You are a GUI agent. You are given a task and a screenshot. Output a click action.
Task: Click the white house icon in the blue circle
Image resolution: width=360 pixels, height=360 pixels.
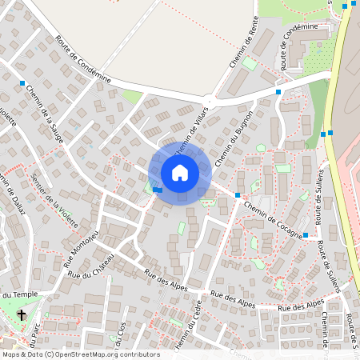pyautogui.click(x=179, y=172)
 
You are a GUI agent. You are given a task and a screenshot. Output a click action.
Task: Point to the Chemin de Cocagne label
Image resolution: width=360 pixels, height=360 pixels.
pyautogui.click(x=270, y=215)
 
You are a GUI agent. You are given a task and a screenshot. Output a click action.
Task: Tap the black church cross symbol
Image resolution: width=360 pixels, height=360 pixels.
pyautogui.click(x=22, y=315)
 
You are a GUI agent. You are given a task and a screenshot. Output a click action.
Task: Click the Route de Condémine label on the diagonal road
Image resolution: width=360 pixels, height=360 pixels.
pyautogui.click(x=82, y=60)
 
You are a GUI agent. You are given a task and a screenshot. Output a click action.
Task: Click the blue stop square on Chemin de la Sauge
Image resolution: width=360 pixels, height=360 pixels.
pyautogui.click(x=22, y=83)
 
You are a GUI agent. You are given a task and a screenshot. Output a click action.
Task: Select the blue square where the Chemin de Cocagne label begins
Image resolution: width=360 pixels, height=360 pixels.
pyautogui.click(x=238, y=195)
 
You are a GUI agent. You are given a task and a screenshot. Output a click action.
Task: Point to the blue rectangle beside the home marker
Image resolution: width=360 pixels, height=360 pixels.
pyautogui.click(x=158, y=190)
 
